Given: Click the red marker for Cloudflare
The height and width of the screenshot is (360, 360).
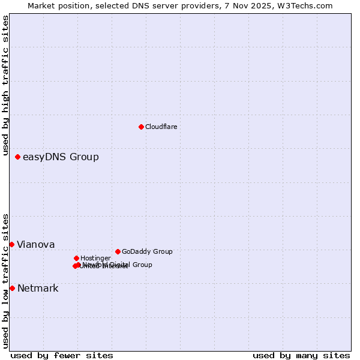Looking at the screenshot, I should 141,127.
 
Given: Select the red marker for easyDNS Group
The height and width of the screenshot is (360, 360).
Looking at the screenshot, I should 17,157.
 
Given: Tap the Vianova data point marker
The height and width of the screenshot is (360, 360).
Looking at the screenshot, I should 11,244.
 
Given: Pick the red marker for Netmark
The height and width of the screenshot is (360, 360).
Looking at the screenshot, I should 12,288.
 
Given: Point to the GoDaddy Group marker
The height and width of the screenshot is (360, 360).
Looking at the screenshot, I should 118,251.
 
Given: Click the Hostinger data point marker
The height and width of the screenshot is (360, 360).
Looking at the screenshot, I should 76,258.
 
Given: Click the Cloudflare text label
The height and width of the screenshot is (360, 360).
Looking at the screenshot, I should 161,127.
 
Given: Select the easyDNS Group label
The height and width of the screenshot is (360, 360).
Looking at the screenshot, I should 61,157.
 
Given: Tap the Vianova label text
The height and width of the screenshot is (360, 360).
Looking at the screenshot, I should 36,244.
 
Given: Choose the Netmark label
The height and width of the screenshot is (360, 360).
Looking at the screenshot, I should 38,289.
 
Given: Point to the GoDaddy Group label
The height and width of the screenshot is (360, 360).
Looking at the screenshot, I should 147,251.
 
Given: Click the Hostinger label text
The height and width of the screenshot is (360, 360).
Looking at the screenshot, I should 95,258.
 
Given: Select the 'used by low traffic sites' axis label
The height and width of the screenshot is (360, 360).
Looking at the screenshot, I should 5,281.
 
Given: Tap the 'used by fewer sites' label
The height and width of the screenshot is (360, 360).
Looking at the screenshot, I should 62,355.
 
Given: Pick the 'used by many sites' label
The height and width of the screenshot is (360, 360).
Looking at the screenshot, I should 301,355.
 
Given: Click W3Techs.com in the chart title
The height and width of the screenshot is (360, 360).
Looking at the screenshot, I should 307,5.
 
